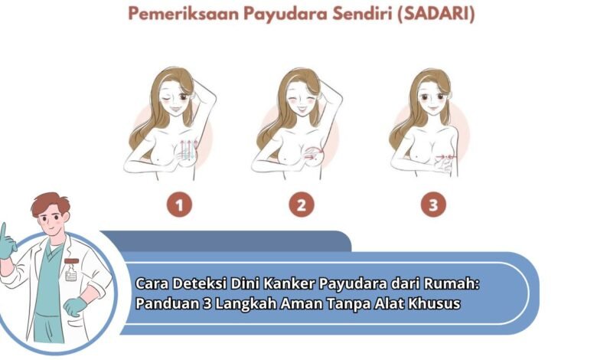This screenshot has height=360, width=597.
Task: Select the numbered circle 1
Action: [179, 205]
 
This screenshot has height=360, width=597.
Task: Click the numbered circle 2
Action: [301, 205]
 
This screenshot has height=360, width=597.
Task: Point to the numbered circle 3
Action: [433, 205]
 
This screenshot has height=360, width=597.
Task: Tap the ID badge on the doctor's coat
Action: [71, 275]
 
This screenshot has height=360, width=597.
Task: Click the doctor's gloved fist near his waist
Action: [75, 306]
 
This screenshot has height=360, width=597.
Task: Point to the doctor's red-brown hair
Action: [50, 203]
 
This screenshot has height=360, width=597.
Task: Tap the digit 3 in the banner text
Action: [207, 304]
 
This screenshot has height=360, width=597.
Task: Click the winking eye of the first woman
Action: [165, 100]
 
